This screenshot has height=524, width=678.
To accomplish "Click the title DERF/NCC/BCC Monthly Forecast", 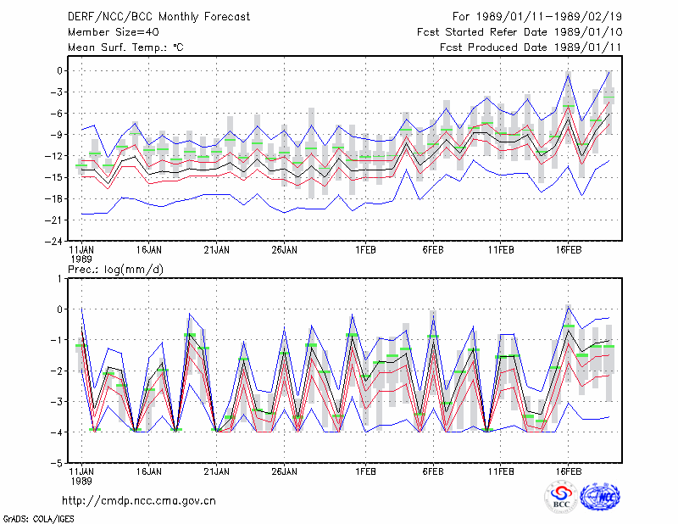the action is (x=158, y=17).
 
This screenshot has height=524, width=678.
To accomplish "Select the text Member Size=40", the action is (x=114, y=32).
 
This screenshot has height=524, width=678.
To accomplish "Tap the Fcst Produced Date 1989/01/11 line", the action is (x=531, y=47).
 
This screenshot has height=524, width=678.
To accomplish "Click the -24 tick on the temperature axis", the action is (x=53, y=242).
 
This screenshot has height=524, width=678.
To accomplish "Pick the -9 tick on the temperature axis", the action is (x=56, y=135).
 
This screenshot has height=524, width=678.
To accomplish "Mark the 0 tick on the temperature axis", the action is (x=59, y=70).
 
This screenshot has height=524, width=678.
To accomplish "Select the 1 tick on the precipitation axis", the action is (x=59, y=279).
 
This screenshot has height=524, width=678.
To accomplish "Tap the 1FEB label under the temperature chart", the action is (x=365, y=250).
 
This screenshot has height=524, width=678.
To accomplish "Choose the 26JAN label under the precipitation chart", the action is (x=284, y=471).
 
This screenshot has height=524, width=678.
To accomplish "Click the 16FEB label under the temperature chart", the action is (x=568, y=250).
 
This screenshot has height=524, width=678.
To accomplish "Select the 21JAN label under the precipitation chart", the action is (x=217, y=471).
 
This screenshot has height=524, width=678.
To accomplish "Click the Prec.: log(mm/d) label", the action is (x=115, y=270).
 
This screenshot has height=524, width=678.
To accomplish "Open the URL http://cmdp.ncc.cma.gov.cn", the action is (x=139, y=501).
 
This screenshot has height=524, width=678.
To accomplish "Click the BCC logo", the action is (x=561, y=497).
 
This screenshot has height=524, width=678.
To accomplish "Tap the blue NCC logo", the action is (x=600, y=497).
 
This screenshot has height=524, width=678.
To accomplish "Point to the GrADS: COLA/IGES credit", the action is (x=38, y=519).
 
